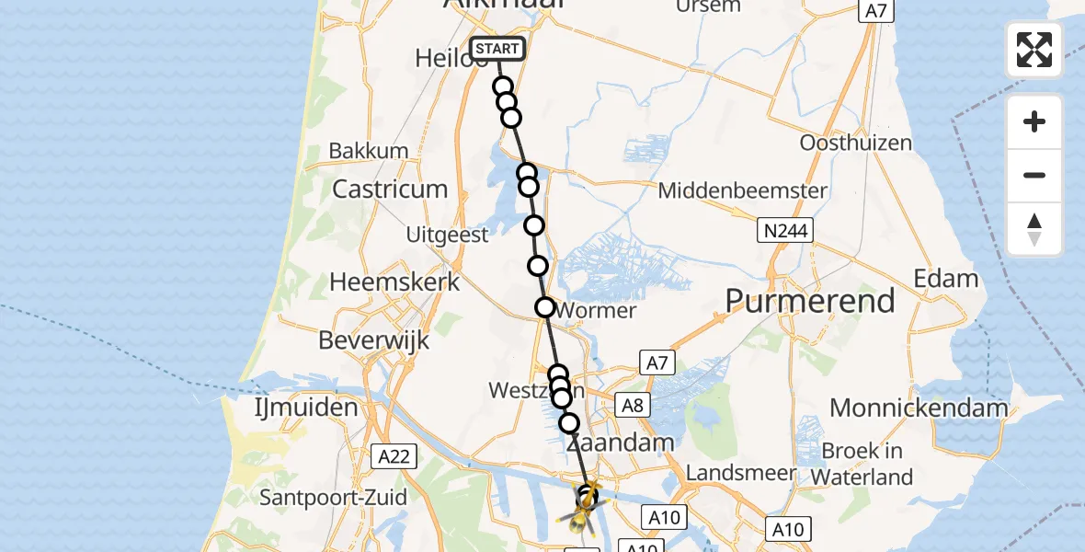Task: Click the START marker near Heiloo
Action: [497, 49]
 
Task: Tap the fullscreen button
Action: [1034, 50]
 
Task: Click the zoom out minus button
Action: [1034, 175]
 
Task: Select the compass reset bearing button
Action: [1034, 228]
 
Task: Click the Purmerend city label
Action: [810, 300]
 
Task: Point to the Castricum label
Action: [390, 189]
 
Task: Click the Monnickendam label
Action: [919, 408]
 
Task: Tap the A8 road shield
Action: [633, 406]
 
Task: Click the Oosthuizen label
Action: [855, 143]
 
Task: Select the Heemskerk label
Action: [394, 282]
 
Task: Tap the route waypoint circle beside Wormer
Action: [545, 307]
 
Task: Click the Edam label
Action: [945, 278]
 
